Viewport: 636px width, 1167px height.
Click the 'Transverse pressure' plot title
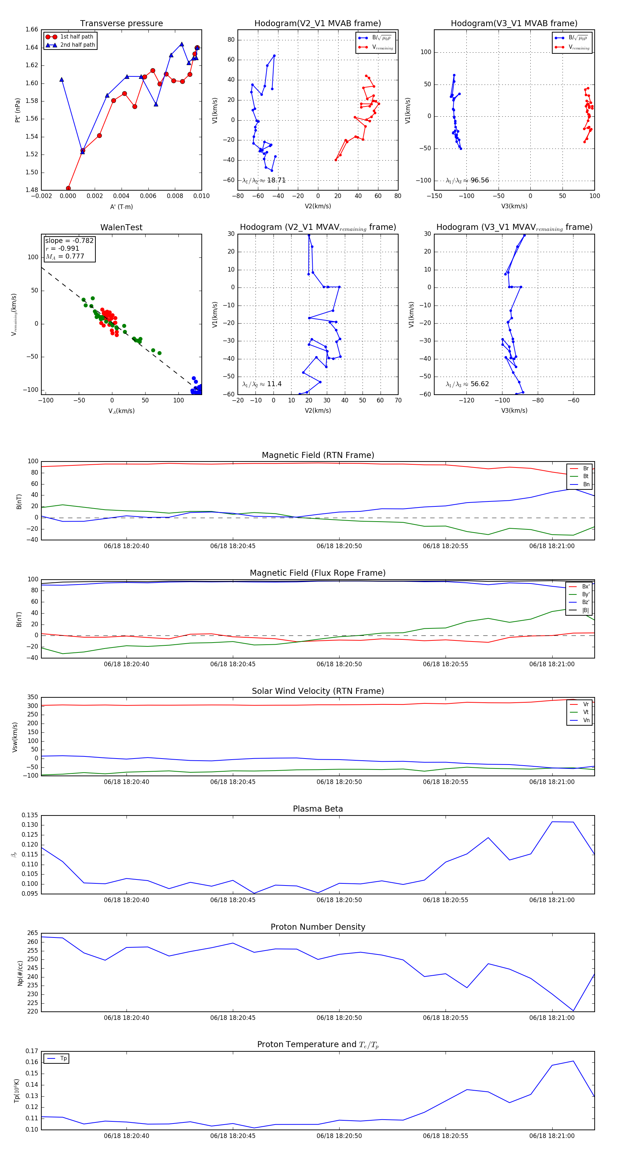(x=121, y=24)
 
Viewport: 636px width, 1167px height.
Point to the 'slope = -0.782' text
(x=69, y=240)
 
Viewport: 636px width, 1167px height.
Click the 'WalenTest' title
(x=121, y=227)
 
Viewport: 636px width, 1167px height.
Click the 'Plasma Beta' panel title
(x=318, y=809)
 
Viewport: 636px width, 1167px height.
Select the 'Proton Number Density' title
(x=318, y=927)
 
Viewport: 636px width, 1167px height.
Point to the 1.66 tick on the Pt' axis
(x=32, y=29)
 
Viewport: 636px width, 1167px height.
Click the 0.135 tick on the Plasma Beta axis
(x=30, y=815)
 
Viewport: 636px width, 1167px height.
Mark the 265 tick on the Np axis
(x=32, y=933)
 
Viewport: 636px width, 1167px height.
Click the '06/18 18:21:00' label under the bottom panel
(x=552, y=1136)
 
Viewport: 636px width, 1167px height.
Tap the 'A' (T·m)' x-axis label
(x=121, y=207)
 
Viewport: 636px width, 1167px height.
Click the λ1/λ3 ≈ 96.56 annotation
(x=467, y=180)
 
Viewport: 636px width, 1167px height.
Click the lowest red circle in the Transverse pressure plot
(x=68, y=188)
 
